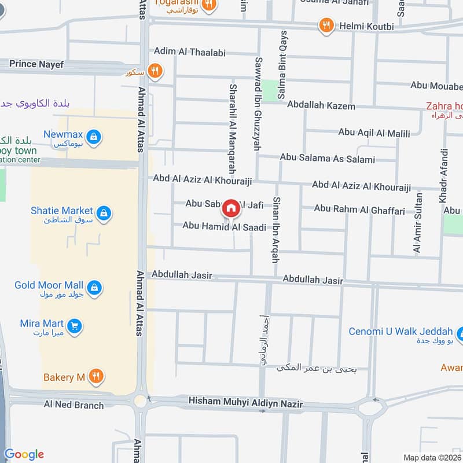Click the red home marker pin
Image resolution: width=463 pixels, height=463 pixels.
(x=231, y=208)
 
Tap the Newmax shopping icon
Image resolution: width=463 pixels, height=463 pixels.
(x=95, y=137)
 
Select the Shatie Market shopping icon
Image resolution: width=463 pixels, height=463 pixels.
(x=104, y=214)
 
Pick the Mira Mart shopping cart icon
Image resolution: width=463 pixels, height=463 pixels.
(x=74, y=326)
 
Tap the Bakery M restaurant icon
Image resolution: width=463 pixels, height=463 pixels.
(x=97, y=377)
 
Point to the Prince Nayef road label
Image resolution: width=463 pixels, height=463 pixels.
(x=36, y=64)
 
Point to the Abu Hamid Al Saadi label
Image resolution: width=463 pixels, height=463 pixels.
(x=224, y=227)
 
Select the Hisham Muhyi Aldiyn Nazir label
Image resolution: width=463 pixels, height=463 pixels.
(x=246, y=403)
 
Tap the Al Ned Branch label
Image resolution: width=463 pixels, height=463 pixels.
(x=74, y=405)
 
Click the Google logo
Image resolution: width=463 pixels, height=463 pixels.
(x=24, y=454)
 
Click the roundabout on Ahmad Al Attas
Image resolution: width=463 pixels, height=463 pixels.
(x=139, y=400)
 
